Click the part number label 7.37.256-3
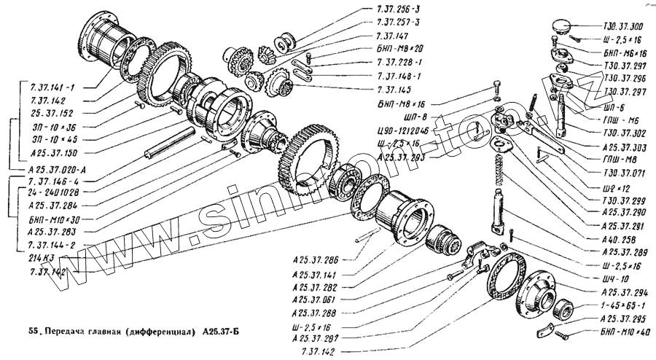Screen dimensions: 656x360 [399, 9]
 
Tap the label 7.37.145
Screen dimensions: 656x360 [394, 89]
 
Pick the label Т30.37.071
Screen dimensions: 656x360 [623, 174]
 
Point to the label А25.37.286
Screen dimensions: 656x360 [315, 259]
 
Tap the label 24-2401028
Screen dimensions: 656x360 [52, 192]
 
